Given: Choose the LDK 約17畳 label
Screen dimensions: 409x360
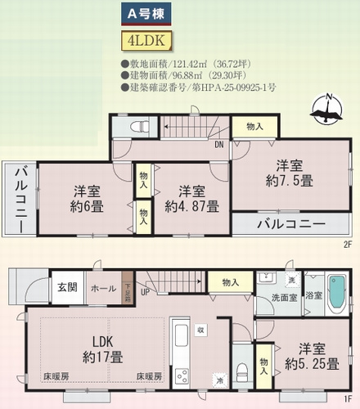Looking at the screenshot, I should coord(98,349).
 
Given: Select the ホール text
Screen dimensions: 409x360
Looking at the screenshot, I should coord(103,288).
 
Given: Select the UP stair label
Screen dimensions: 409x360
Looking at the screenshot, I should coord(146,292).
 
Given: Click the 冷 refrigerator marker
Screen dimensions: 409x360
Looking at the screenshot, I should coord(219,379).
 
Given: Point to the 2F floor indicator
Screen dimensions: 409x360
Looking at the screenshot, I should coord(347,244).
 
